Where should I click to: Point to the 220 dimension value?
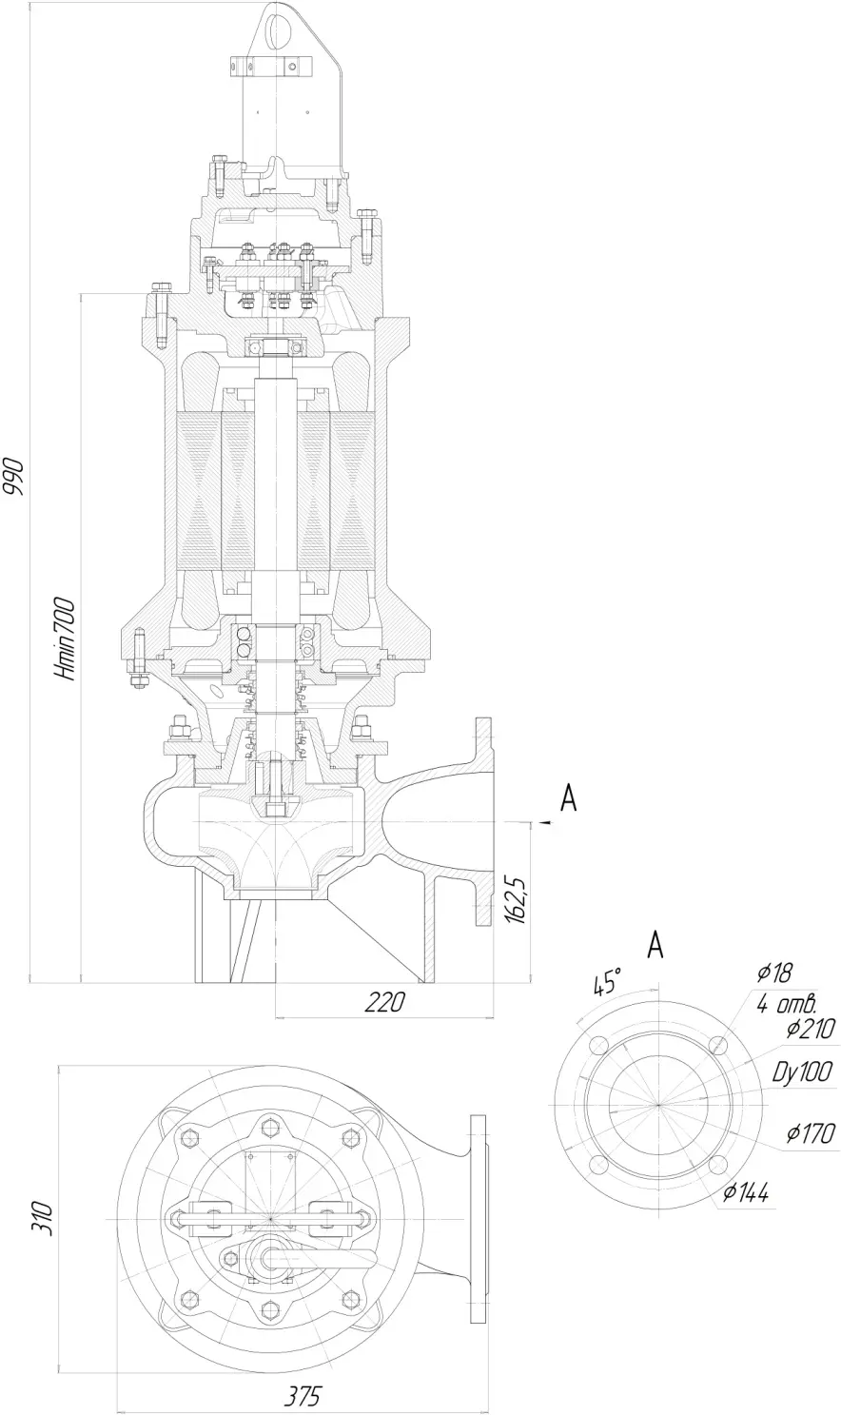pyautogui.click(x=385, y=1002)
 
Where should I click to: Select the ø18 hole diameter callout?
pyautogui.click(x=774, y=973)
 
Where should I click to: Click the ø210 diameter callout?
pyautogui.click(x=811, y=1030)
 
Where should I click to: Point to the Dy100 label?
pyautogui.click(x=803, y=1072)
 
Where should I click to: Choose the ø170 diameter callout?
pyautogui.click(x=811, y=1133)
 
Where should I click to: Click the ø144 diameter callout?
pyautogui.click(x=746, y=1192)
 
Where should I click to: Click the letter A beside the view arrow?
pyautogui.click(x=569, y=798)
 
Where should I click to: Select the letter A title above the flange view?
pyautogui.click(x=656, y=945)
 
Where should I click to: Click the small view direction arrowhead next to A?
pyautogui.click(x=545, y=822)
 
